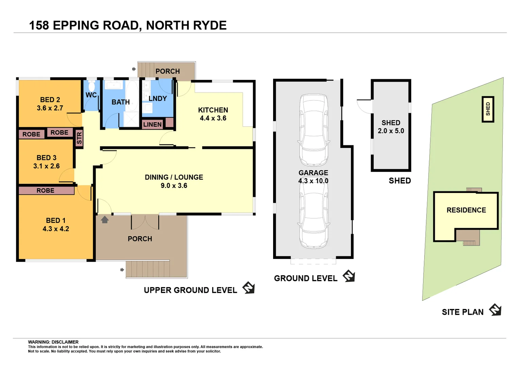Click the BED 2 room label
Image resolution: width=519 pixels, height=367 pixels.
50,100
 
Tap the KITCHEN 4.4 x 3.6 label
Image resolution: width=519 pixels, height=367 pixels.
213,114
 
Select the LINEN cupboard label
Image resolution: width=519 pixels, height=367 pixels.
152,124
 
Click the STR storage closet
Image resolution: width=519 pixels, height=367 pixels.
79,138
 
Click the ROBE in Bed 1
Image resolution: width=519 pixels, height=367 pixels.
46,191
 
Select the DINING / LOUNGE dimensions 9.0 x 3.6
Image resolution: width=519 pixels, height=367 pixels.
174,186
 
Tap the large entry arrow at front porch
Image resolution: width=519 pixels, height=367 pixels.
105,220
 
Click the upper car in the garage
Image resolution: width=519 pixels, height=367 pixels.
314,130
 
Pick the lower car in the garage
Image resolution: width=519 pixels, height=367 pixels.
314,217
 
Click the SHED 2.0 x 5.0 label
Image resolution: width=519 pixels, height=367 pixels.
391,127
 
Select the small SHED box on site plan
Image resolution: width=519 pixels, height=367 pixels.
488,109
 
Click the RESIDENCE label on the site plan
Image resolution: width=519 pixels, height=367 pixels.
466,210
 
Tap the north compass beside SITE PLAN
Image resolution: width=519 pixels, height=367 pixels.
495,310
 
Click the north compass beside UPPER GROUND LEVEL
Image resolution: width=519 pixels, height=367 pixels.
249,287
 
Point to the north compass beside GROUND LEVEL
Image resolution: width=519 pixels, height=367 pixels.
349,276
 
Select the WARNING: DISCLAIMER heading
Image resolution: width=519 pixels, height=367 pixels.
53,342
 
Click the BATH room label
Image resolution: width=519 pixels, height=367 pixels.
121,102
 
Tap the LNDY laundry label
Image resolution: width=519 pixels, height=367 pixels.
158,99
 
